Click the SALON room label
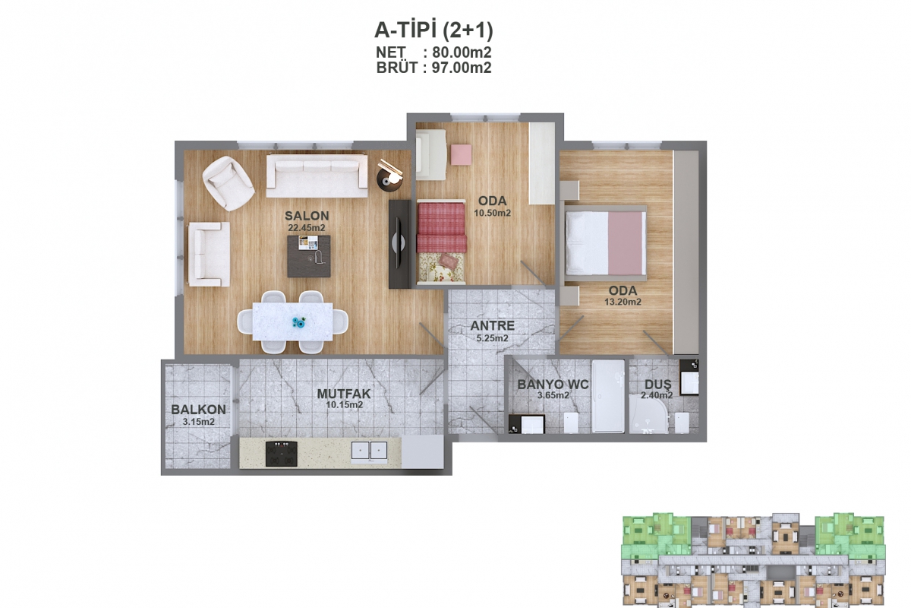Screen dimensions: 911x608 [x=307, y=216]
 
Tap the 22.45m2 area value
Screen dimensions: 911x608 [x=307, y=228]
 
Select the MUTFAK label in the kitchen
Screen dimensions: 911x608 [x=344, y=394]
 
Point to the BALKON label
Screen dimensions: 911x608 [x=198, y=410]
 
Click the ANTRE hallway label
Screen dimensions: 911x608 [x=493, y=326]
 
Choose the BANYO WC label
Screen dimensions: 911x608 [x=553, y=385]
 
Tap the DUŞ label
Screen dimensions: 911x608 [x=657, y=385]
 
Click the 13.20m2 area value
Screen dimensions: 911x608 [x=623, y=302]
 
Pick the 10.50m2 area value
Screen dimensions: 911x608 [x=492, y=213]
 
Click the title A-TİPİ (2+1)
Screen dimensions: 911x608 [x=433, y=30]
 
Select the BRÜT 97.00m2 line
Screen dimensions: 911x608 [x=433, y=68]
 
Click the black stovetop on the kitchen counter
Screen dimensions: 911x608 [x=281, y=454]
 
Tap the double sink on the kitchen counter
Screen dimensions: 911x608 [x=369, y=451]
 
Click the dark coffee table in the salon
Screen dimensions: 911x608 [x=309, y=256]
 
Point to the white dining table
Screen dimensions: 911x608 [x=292, y=321]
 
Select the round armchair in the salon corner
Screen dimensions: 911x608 [x=229, y=183]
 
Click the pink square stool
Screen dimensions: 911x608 [x=462, y=154]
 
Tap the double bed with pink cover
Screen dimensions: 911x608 [x=605, y=243]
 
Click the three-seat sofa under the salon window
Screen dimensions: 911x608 [x=317, y=176]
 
